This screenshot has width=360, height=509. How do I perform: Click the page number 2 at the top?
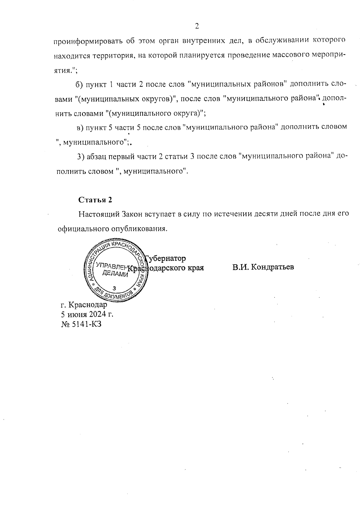pos(197,26)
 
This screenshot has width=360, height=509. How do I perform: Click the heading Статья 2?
pos(95,200)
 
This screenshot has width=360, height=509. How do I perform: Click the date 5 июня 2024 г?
pos(87,314)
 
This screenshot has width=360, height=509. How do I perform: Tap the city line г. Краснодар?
pos(84,305)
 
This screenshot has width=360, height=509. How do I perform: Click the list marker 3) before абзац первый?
pos(81,157)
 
